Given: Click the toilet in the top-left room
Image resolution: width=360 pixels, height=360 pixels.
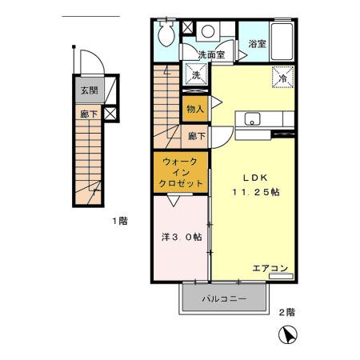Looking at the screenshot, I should pyautogui.click(x=166, y=34).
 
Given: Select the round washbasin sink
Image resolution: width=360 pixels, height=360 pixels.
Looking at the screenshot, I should pyautogui.click(x=207, y=33).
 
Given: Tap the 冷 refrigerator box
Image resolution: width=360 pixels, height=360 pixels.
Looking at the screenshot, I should pyautogui.click(x=282, y=78).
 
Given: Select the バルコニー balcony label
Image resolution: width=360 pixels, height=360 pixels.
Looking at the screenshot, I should pyautogui.click(x=222, y=300).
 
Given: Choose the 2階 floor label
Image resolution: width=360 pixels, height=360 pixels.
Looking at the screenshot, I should pyautogui.click(x=286, y=312).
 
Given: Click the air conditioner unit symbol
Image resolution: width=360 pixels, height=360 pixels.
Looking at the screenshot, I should pyautogui.click(x=282, y=277).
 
